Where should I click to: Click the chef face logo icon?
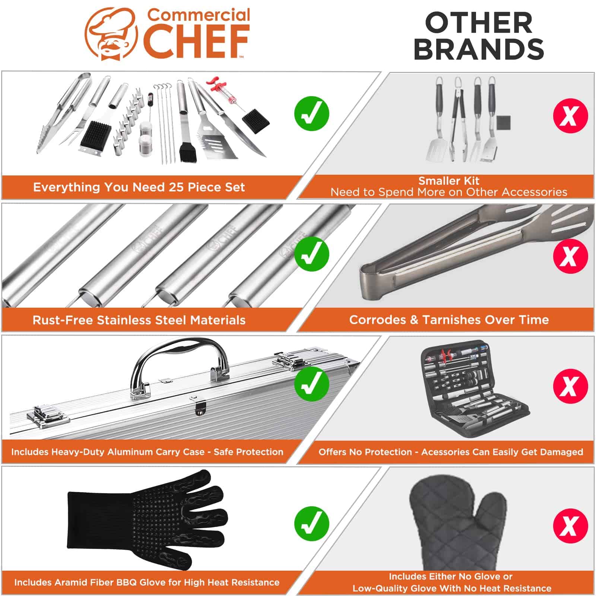tap(111, 34)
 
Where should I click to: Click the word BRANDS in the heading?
tap(479, 48)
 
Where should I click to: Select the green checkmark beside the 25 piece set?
tap(311, 114)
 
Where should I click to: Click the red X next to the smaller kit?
tap(570, 116)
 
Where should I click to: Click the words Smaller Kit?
tap(449, 181)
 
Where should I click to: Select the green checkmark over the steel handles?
tap(311, 254)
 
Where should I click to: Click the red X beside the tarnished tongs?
tap(570, 256)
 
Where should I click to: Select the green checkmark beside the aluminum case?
tap(311, 384)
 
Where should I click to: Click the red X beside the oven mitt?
tap(570, 526)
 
